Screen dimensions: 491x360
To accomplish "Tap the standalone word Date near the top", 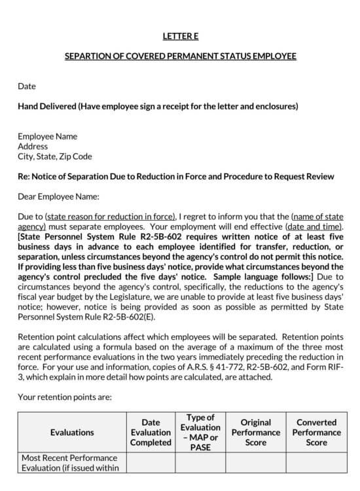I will (x=27, y=86).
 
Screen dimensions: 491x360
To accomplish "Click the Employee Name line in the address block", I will (x=47, y=136).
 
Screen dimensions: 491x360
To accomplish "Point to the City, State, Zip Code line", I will (x=54, y=156).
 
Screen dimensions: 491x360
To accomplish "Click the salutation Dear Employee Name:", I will (x=58, y=196).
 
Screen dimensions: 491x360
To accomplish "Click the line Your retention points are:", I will (x=65, y=397).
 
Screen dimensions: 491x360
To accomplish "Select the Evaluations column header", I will (x=72, y=432).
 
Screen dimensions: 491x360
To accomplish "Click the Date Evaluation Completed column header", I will (x=151, y=432).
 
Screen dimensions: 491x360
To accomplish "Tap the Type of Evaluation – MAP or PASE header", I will (x=200, y=432).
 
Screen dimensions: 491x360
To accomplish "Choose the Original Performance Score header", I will (x=255, y=432).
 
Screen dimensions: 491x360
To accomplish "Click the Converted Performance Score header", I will (x=316, y=432).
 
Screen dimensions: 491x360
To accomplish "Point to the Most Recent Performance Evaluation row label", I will (x=69, y=462).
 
